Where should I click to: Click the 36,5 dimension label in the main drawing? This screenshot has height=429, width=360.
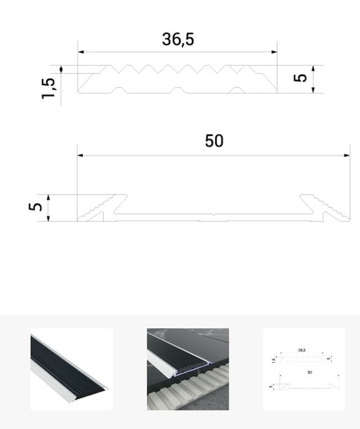tap(178, 39)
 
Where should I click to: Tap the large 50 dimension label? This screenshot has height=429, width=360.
tap(214, 141)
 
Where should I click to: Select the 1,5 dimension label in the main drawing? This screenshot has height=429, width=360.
tap(49, 88)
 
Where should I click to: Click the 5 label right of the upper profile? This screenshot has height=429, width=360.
tap(300, 78)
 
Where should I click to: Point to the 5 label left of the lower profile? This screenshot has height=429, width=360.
tap(36, 207)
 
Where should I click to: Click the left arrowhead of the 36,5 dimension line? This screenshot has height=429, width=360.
tap(80, 52)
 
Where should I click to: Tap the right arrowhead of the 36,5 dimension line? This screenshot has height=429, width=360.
tap(274, 52)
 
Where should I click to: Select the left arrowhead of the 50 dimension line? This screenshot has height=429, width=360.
tap(80, 155)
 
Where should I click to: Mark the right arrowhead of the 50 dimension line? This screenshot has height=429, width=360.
tap(347, 155)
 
